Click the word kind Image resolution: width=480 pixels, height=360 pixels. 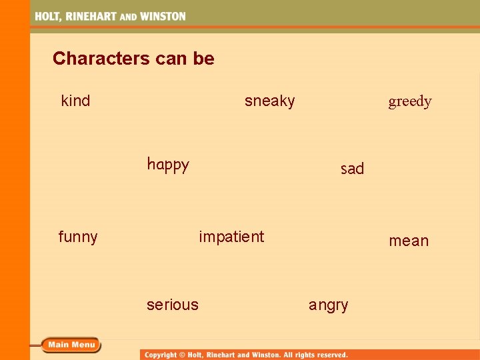tap(75, 101)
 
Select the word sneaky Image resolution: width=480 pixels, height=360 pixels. tap(269, 101)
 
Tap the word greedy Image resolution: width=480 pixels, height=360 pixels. tap(410, 101)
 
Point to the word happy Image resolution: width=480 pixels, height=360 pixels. tap(168, 165)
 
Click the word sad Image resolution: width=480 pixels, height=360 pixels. tap(352, 169)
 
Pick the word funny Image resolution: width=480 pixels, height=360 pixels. tap(78, 237)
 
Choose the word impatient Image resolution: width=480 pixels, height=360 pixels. tap(231, 237)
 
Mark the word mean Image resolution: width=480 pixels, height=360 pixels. tap(409, 241)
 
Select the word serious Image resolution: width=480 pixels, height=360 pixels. tap(173, 305)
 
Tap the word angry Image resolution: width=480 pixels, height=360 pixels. tap(328, 305)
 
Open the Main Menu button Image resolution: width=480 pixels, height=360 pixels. tap(71, 345)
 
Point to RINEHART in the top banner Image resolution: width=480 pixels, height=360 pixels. tap(90, 16)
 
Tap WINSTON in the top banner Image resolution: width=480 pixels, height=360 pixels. tap(161, 16)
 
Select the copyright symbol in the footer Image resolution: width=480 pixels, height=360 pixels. tap(182, 355)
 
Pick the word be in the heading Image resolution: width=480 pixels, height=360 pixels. tap(203, 59)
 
